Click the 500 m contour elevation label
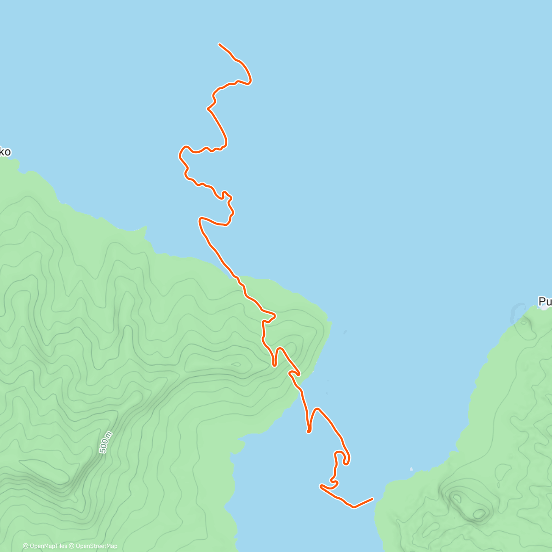[x=106, y=443]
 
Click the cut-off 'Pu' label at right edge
[x=545, y=302]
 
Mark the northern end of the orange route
[x=219, y=44]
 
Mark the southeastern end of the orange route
[x=372, y=499]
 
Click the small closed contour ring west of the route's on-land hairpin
[x=236, y=365]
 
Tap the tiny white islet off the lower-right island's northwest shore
[x=411, y=470]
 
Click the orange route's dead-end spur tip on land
[x=274, y=365]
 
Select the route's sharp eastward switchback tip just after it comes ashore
[x=275, y=316]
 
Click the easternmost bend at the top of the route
[x=251, y=81]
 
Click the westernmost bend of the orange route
[x=179, y=155]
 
